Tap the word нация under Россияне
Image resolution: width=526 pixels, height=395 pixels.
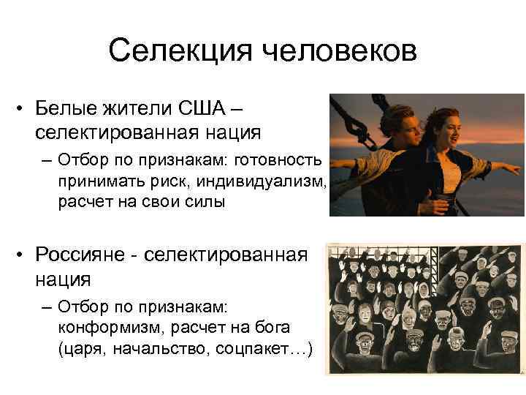coord(61,279)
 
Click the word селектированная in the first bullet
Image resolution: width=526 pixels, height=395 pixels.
coord(110,132)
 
